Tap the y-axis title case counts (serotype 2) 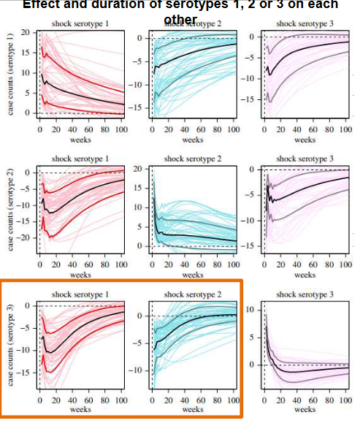(9, 212)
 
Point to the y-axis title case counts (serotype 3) (9, 343)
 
